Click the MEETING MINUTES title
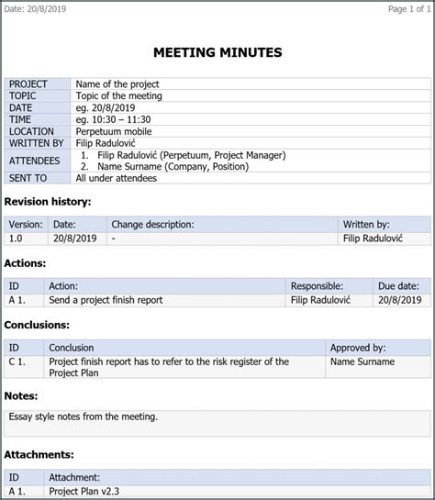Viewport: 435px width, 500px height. pyautogui.click(x=217, y=53)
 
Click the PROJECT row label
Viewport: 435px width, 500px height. pyautogui.click(x=28, y=84)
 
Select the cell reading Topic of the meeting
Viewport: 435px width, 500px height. pyautogui.click(x=119, y=96)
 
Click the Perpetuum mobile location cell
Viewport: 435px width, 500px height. pyautogui.click(x=115, y=131)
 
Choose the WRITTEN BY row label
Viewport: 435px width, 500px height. pyautogui.click(x=37, y=143)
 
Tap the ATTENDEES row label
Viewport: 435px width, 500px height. pyautogui.click(x=35, y=161)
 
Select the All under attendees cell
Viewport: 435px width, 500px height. pyautogui.click(x=117, y=178)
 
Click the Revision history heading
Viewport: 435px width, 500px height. pyautogui.click(x=48, y=201)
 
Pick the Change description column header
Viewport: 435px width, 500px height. pyautogui.click(x=152, y=224)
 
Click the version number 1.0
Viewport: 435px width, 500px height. pyautogui.click(x=16, y=238)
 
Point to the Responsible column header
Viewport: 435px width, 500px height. pyautogui.click(x=317, y=286)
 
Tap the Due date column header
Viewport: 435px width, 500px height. pyautogui.click(x=398, y=286)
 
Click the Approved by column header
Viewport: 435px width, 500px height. pyautogui.click(x=358, y=348)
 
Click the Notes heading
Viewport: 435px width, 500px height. pyautogui.click(x=21, y=396)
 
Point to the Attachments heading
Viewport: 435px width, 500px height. pyautogui.click(x=39, y=454)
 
